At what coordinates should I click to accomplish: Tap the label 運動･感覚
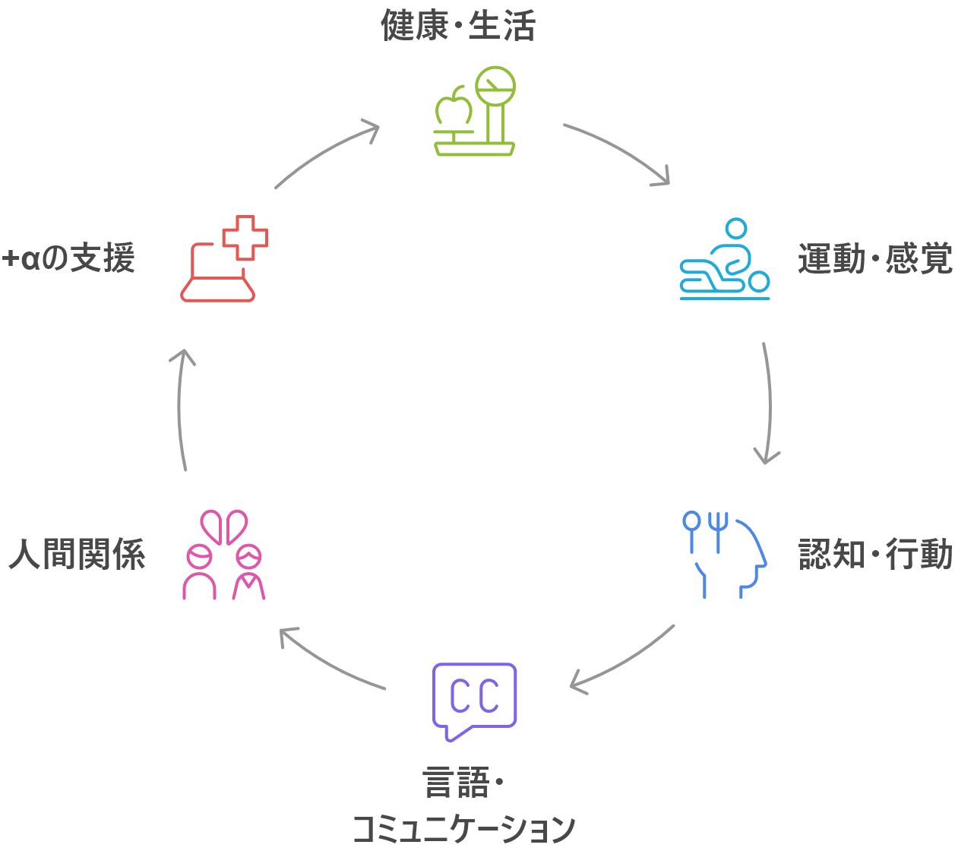[875, 260]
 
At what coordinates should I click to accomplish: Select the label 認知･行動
[875, 555]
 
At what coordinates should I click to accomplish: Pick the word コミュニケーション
[463, 828]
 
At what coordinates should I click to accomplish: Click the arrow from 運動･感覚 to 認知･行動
[769, 403]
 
